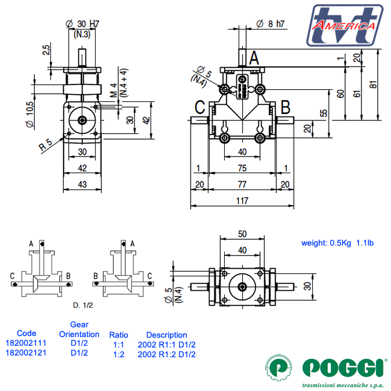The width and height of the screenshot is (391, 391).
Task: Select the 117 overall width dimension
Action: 242,201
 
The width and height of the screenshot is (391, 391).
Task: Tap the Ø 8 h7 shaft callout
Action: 270,24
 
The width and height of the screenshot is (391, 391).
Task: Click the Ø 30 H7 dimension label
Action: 83,24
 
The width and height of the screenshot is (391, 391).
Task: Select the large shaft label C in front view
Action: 200,107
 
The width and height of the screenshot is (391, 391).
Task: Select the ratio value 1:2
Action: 119,354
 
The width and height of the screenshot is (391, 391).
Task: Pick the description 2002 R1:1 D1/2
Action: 167,344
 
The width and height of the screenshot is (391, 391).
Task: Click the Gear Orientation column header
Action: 79,330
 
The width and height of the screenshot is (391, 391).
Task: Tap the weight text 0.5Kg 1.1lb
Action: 337,243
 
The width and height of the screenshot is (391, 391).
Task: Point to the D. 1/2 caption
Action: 83,304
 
